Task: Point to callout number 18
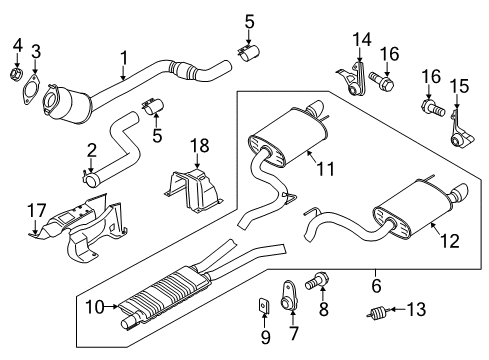coord(200,146)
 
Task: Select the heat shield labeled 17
coord(80,226)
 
